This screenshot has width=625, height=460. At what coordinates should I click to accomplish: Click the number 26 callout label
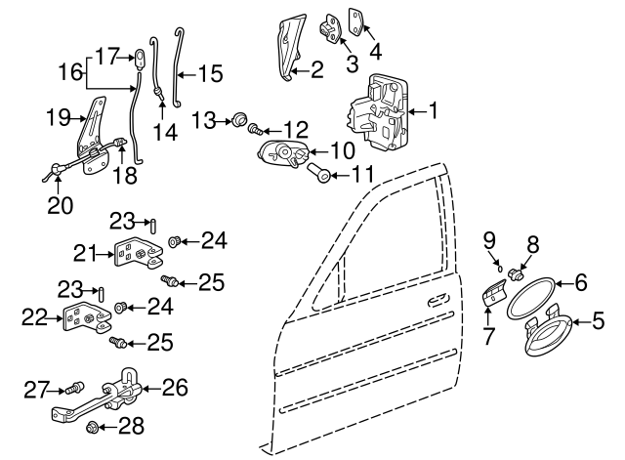(174, 387)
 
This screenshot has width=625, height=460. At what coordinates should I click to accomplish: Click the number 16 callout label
(67, 71)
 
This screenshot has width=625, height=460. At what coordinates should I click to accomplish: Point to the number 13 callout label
(202, 119)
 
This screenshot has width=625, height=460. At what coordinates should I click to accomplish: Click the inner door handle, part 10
(283, 154)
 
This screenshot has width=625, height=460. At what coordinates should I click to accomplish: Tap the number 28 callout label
(131, 426)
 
